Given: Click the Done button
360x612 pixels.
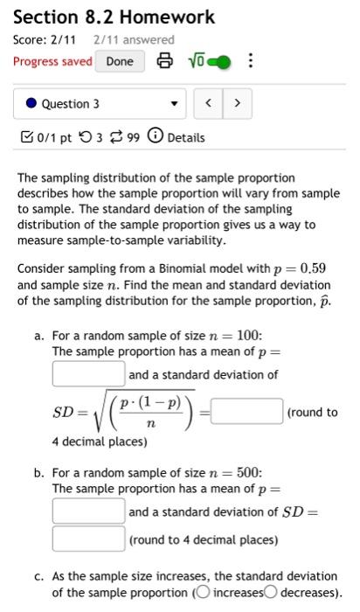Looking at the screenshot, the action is [x=120, y=61].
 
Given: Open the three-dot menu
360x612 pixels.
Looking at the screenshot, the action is [x=251, y=61].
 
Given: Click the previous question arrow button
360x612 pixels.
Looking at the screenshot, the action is [x=207, y=104].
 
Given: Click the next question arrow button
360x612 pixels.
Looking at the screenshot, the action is [x=236, y=104].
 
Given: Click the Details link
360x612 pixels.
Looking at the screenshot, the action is [x=186, y=137].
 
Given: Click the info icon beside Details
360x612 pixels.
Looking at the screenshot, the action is [x=156, y=137].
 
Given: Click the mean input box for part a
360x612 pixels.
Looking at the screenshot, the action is [x=88, y=374].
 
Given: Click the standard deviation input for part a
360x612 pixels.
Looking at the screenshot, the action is [x=246, y=411].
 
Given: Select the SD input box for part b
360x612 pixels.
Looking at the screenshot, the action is [x=88, y=539].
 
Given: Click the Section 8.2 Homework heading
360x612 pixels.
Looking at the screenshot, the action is [x=114, y=17].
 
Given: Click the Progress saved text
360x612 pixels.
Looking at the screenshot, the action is [x=52, y=61].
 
